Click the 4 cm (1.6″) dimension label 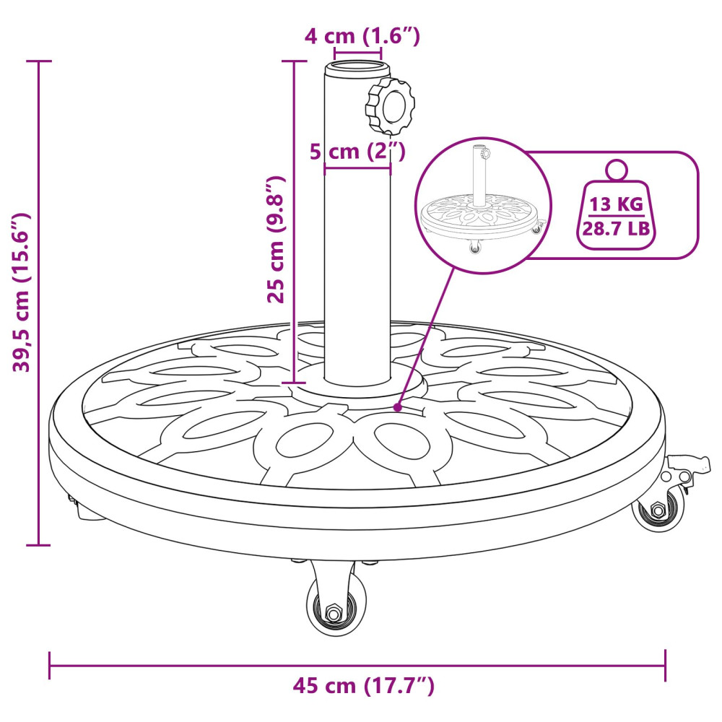click(362, 36)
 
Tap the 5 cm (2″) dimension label click(357, 151)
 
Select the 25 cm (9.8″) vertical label click(277, 239)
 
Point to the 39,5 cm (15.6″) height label click(22, 292)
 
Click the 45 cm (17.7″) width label click(363, 686)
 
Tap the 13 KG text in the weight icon click(616, 204)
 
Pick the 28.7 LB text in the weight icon click(616, 228)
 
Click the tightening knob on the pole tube click(391, 105)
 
